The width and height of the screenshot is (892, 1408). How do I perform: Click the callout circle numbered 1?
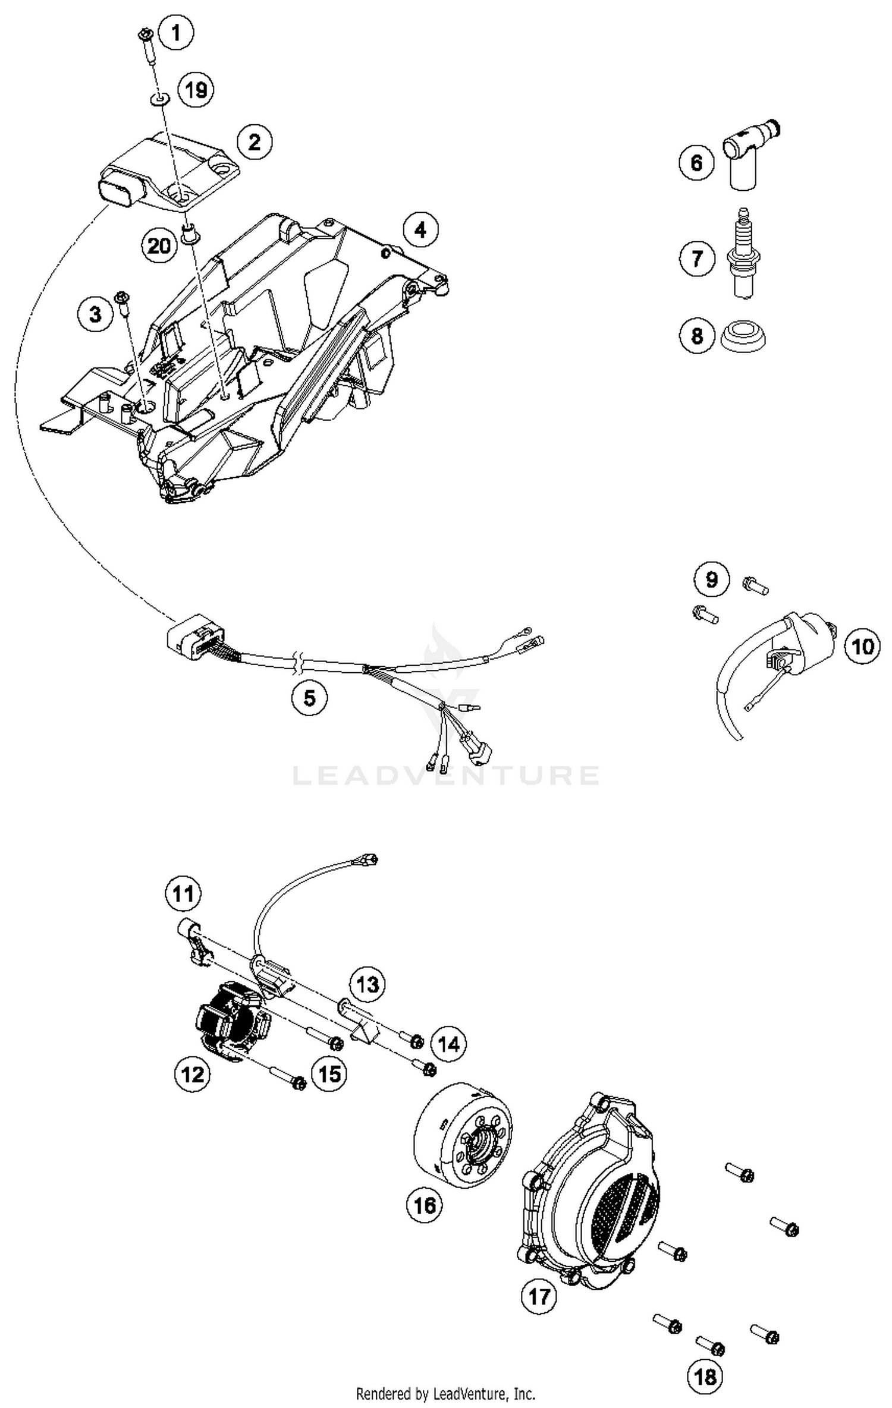point(175,33)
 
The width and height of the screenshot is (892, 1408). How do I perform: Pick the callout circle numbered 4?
point(420,229)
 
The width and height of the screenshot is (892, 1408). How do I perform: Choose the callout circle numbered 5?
point(309,697)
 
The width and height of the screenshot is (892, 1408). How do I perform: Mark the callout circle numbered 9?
point(712,579)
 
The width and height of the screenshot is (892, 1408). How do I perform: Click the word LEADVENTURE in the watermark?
point(446,775)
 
